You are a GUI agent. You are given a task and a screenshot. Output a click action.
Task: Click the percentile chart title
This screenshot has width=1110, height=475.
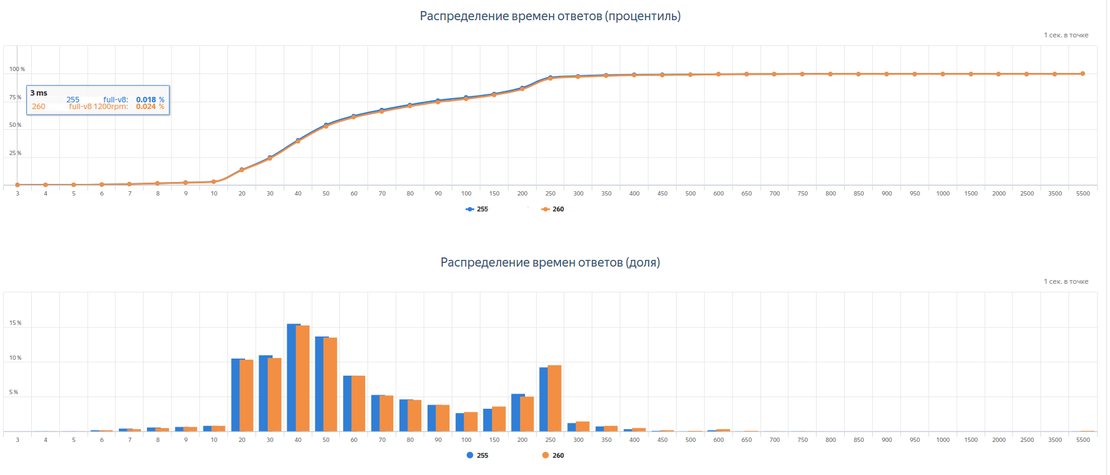(549, 17)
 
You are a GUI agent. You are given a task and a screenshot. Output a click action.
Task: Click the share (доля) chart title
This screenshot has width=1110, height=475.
(549, 263)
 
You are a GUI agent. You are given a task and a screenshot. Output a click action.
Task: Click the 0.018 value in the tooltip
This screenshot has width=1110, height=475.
(146, 100)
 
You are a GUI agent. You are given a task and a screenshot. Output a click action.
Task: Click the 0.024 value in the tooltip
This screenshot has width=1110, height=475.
(146, 107)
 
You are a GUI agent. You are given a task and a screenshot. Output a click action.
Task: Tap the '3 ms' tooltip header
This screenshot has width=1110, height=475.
(39, 93)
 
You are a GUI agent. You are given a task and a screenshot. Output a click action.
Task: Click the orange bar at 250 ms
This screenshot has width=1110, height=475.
(555, 398)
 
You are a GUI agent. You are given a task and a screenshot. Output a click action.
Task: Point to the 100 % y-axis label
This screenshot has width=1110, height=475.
(17, 69)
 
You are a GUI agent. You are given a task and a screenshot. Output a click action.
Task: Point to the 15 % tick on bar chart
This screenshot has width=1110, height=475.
(15, 323)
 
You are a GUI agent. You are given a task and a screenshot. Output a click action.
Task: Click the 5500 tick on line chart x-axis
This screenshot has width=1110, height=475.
(1082, 194)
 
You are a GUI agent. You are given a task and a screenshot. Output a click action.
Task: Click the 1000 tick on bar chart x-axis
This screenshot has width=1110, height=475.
(943, 440)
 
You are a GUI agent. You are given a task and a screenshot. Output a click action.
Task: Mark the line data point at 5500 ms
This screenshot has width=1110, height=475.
(1082, 74)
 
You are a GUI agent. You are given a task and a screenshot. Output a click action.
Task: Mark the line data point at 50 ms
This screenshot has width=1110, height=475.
(326, 125)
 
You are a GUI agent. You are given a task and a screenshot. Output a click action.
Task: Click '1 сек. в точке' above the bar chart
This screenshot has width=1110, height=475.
(1066, 282)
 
